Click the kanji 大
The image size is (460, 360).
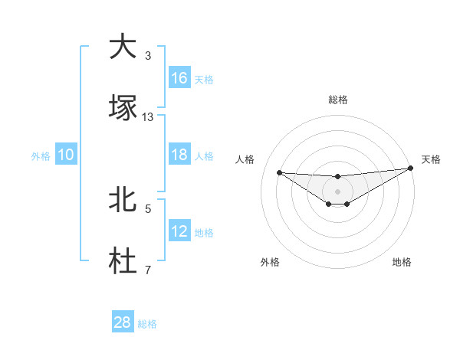click(123, 47)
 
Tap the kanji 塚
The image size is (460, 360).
click(123, 107)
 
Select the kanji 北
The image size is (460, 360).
click(123, 200)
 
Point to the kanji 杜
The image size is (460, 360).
click(123, 261)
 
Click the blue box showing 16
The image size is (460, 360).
click(179, 78)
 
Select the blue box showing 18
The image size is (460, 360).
click(179, 155)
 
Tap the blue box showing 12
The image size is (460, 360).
click(179, 231)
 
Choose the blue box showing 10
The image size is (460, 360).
click(66, 155)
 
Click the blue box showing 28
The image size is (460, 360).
click(123, 323)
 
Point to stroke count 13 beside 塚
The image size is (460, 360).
click(148, 116)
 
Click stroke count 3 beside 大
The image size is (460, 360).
click(148, 55)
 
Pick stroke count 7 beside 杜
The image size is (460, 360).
click(148, 270)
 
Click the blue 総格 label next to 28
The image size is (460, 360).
click(147, 324)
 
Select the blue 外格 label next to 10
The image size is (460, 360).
click(41, 155)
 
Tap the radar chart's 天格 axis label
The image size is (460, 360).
click(431, 159)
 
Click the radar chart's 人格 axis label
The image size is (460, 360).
click(245, 159)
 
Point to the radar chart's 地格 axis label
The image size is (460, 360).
click(402, 262)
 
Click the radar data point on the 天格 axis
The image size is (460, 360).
click(411, 169)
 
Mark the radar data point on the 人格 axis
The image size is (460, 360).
click(279, 172)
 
